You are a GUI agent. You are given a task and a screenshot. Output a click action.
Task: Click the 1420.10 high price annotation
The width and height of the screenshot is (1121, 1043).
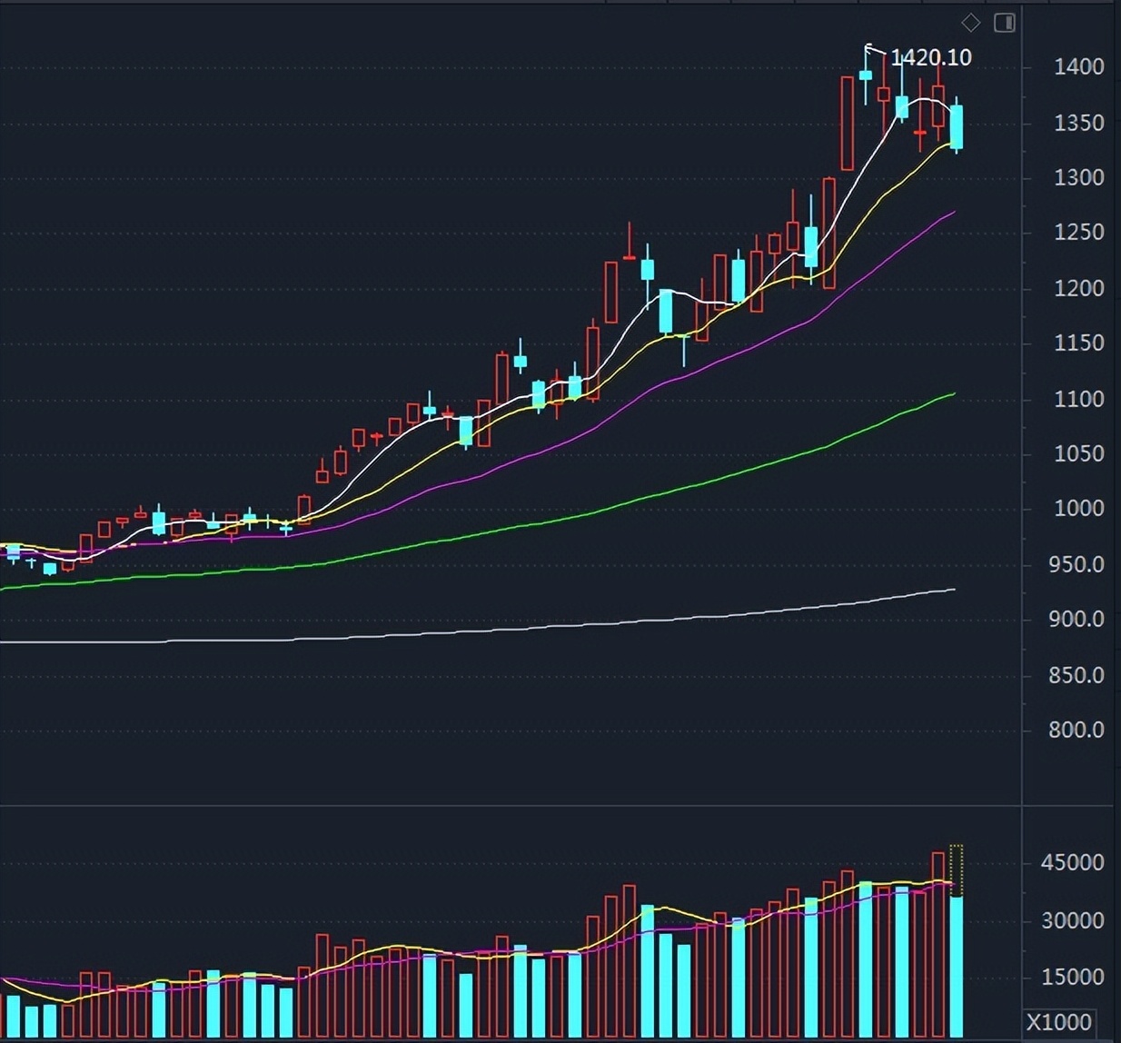(930, 57)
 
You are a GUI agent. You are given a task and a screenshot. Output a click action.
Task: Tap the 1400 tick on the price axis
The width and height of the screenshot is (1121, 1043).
(1078, 66)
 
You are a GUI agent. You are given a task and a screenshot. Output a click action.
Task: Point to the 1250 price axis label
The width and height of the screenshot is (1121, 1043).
(1078, 233)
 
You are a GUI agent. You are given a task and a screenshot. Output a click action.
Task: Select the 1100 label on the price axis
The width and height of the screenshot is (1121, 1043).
(1078, 399)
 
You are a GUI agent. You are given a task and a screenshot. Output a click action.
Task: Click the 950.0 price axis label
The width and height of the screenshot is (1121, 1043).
(1076, 564)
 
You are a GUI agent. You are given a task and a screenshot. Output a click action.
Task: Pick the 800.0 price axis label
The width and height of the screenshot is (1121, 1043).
(1076, 730)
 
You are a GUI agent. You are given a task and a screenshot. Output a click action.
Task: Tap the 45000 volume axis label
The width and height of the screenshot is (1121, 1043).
(1072, 862)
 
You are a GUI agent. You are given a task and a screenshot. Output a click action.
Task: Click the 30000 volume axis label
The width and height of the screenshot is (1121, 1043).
(1072, 920)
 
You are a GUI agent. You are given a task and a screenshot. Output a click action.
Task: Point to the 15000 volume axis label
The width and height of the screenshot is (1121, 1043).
(1072, 978)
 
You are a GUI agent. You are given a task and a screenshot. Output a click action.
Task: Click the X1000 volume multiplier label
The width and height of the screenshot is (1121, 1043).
(1059, 1021)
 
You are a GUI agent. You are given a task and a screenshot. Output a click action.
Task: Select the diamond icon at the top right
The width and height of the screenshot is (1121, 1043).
(970, 23)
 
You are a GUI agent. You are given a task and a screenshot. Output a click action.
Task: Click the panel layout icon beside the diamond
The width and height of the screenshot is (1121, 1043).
(1004, 23)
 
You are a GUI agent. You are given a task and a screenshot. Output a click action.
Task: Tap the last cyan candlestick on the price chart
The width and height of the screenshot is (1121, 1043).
(957, 126)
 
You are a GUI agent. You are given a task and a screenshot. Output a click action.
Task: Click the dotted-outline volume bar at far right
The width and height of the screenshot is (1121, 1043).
(957, 869)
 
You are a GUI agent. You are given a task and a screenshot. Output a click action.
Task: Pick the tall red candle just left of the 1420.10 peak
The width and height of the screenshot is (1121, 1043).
(847, 124)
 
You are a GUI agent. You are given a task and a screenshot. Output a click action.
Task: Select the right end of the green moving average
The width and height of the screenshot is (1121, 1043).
(954, 393)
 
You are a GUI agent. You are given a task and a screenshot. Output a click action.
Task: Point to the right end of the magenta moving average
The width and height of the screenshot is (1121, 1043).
(954, 212)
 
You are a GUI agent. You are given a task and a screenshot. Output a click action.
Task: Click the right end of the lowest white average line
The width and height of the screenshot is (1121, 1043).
(954, 590)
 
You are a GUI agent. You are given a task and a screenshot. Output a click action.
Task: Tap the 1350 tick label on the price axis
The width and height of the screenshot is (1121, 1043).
(1078, 123)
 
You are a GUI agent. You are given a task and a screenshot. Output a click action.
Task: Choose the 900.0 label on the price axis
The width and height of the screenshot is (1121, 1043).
(1076, 619)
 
